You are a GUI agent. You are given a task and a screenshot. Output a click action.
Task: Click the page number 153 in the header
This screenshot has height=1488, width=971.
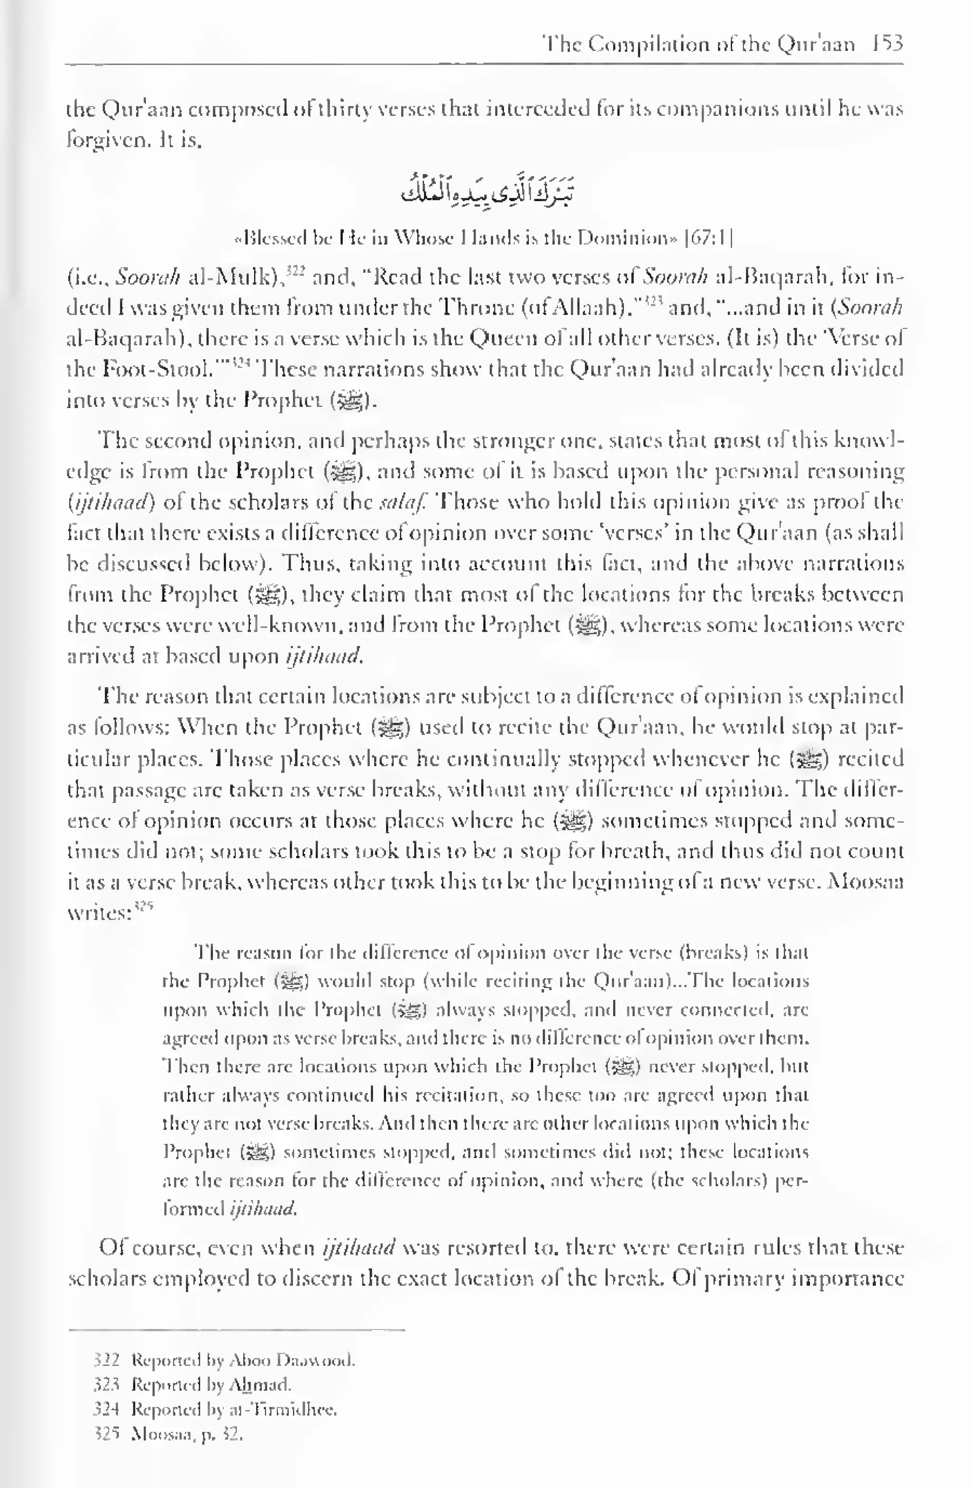(888, 44)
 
